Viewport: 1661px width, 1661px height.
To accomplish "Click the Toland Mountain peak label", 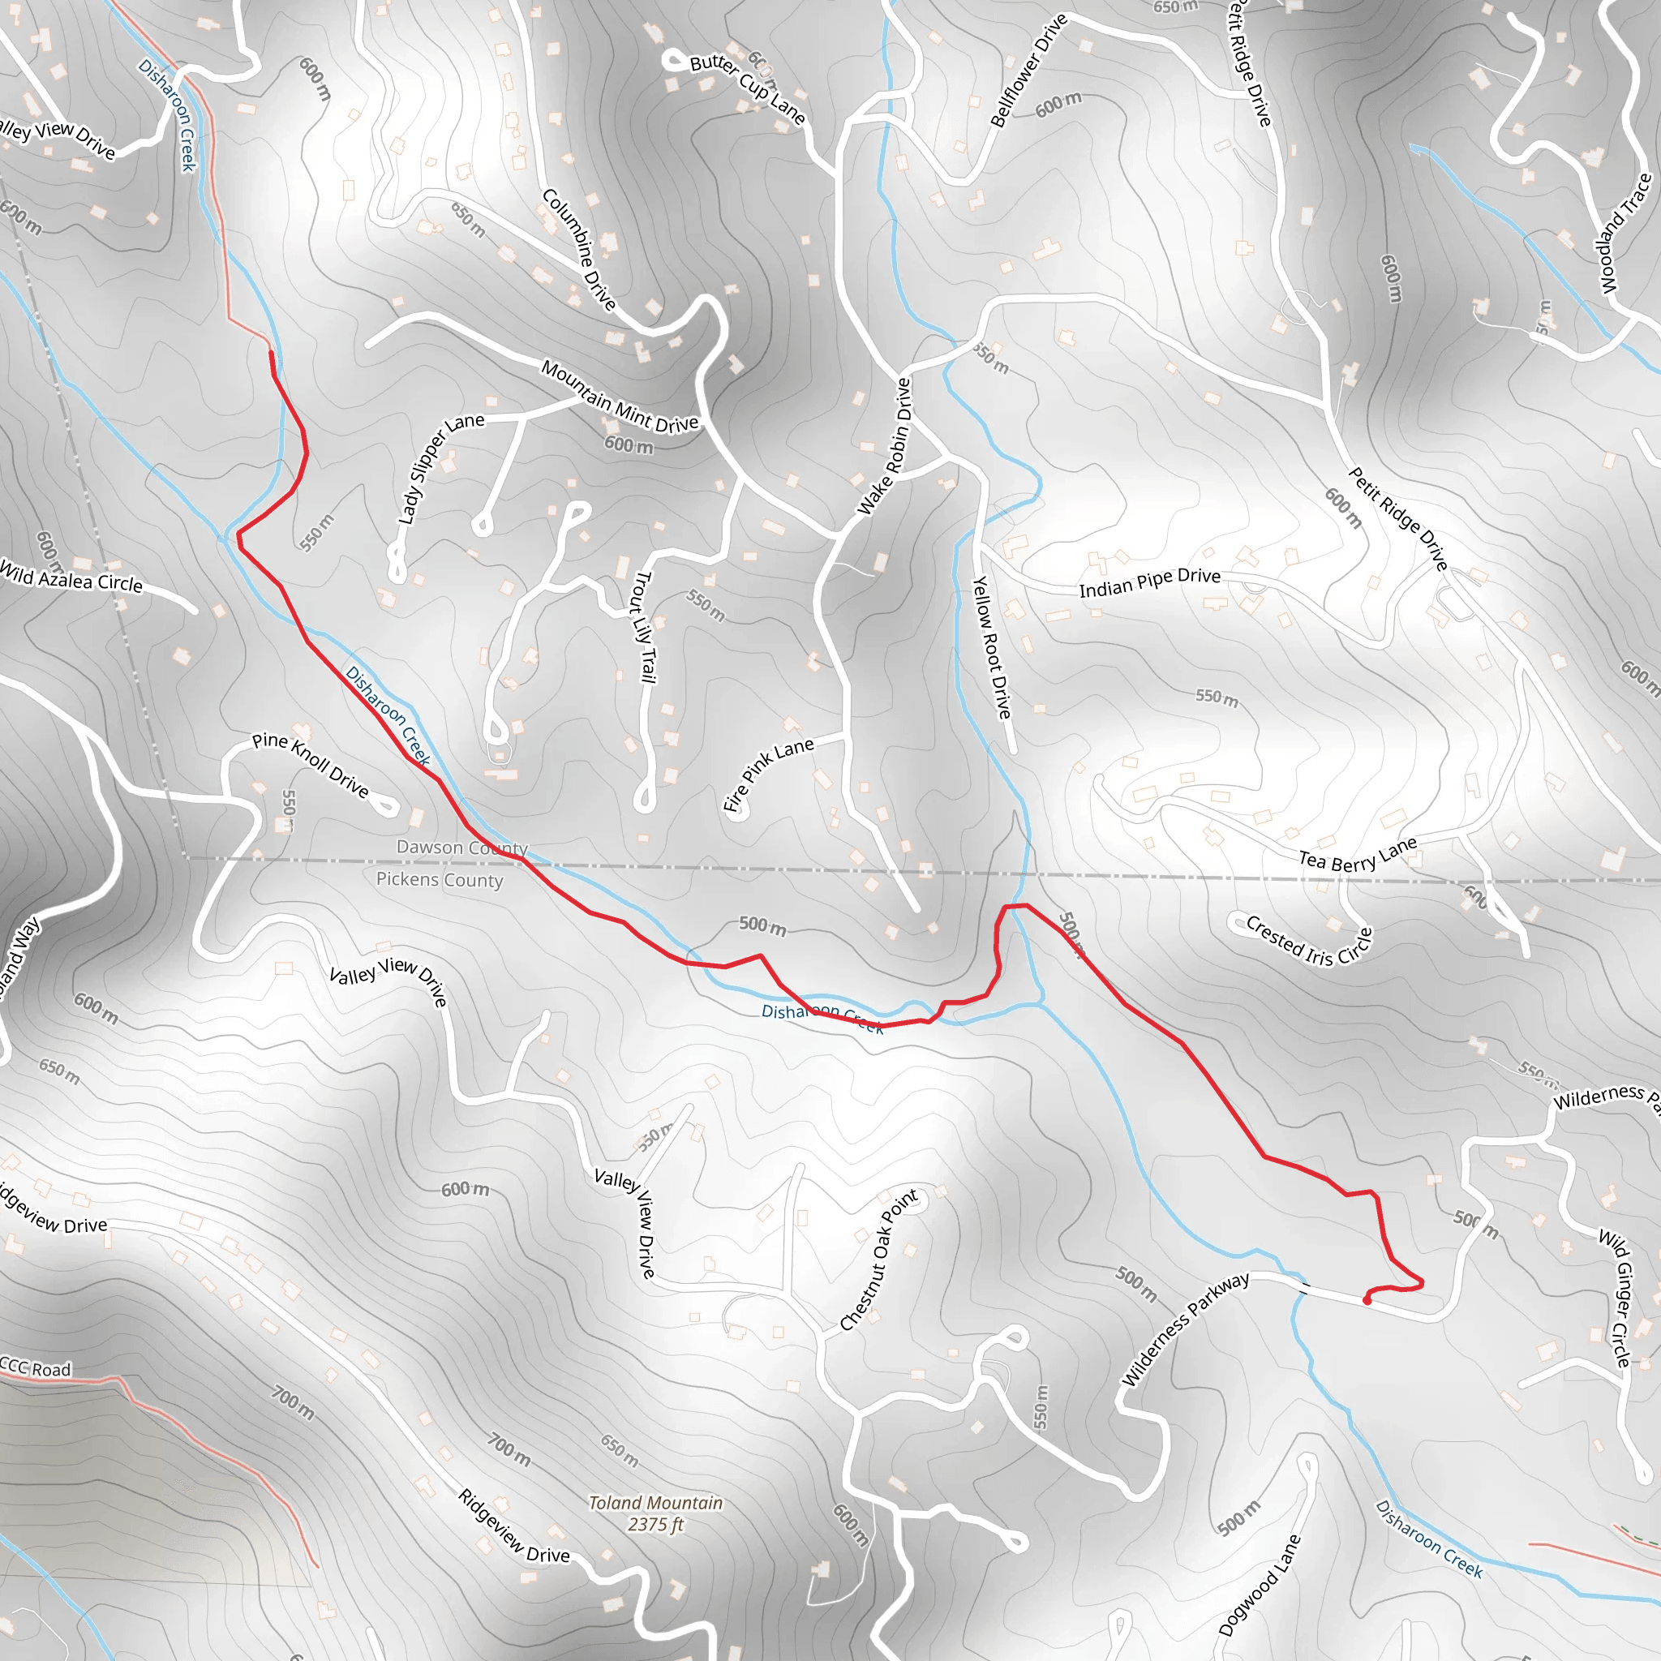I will tap(655, 1513).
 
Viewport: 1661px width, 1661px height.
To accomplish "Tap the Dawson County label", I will tap(461, 848).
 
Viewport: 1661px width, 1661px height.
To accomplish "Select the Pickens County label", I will tap(440, 879).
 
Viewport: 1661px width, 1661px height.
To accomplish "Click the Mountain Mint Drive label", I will tap(619, 397).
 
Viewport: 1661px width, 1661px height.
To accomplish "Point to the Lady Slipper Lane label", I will tap(440, 468).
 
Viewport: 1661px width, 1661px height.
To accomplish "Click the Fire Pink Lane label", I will tap(767, 774).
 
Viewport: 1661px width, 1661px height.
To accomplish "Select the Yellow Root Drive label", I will tap(991, 647).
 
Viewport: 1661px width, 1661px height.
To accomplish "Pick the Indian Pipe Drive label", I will tap(1149, 582).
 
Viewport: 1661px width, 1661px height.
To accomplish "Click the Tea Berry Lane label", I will tap(1357, 856).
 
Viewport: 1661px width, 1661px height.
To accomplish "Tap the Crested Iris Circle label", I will tap(1308, 942).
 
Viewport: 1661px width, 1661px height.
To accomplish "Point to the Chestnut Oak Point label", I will tap(878, 1260).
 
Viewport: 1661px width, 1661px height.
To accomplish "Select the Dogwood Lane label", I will tap(1260, 1585).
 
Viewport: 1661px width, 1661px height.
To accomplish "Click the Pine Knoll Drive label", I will tap(310, 764).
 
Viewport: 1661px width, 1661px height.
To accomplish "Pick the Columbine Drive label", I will tap(578, 249).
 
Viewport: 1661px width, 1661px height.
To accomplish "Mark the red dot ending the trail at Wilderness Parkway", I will tap(1367, 1301).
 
